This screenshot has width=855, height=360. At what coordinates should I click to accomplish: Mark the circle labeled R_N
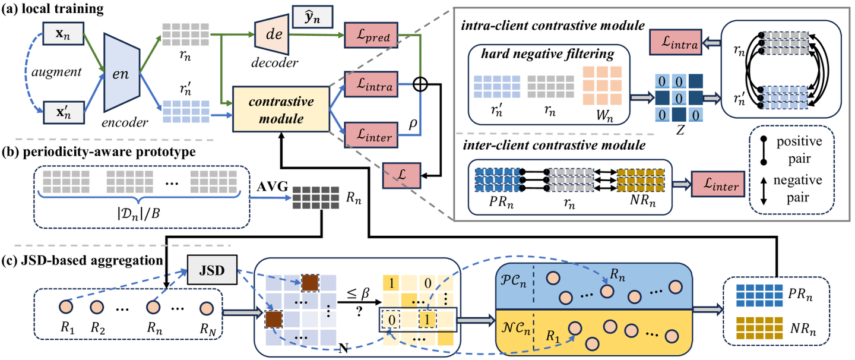click(207, 309)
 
